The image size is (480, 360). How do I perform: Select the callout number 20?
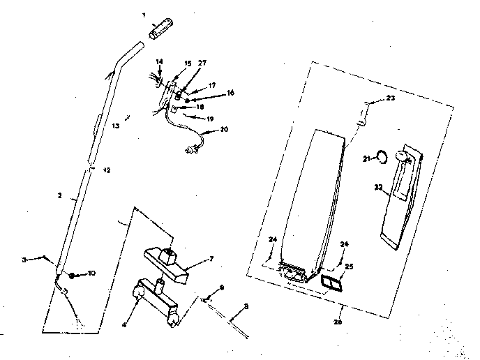tap(223, 129)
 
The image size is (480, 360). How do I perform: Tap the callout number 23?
tap(390, 98)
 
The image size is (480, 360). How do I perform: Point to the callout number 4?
tap(126, 305)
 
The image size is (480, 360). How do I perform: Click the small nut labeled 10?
tap(72, 274)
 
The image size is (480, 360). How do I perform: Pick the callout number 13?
tap(115, 126)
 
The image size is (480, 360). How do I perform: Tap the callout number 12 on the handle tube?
tap(106, 170)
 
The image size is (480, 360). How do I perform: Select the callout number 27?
tap(202, 63)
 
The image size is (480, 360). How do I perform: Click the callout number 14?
tap(158, 62)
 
